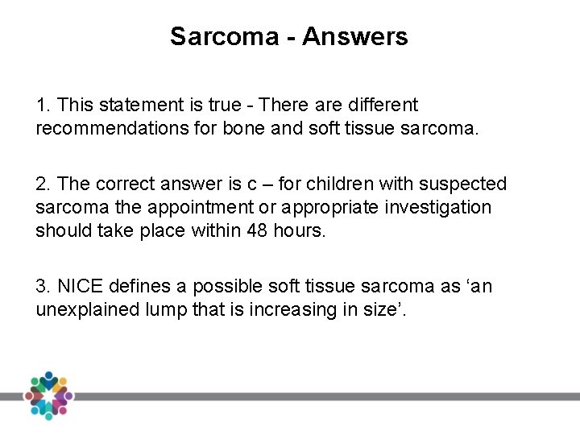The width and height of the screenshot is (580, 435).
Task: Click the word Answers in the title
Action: pos(363,36)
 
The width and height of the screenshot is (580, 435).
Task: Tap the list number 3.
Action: pos(41,286)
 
